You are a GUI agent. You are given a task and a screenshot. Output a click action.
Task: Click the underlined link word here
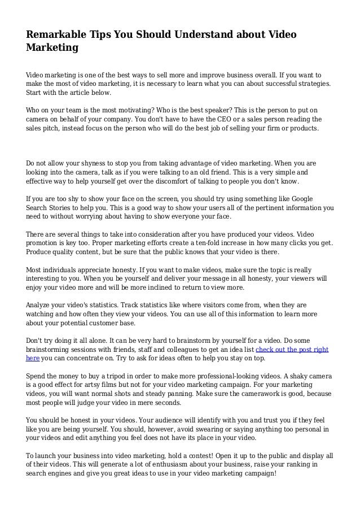pyautogui.click(x=33, y=360)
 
